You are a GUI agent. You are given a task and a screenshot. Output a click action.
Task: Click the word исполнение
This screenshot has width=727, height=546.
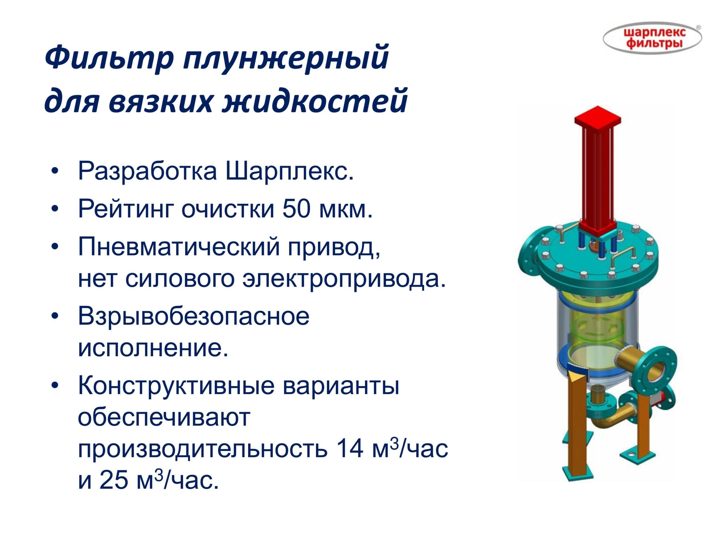(x=153, y=349)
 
